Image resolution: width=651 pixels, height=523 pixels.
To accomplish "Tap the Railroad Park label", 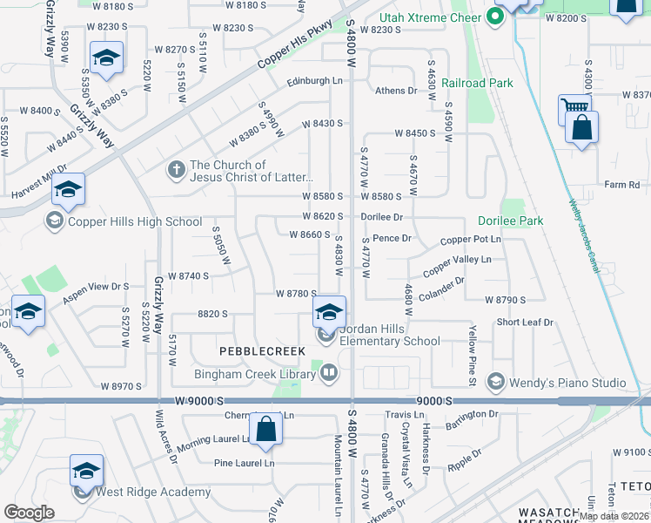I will [x=477, y=83].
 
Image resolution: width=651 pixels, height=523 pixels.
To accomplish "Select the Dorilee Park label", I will [x=510, y=221].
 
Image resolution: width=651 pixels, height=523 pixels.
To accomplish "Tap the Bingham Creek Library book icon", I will [x=329, y=374].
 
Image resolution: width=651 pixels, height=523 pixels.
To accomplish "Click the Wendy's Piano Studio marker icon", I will [x=495, y=382].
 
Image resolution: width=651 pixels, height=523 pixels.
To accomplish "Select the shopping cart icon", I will [x=574, y=108].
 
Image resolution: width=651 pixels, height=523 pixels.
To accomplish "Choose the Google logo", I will [x=29, y=513].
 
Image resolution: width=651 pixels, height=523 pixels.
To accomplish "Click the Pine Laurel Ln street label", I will [x=245, y=464].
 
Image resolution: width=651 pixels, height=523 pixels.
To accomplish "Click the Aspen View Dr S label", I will [x=96, y=286].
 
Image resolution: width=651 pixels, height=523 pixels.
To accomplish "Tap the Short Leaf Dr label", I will [x=525, y=323].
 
